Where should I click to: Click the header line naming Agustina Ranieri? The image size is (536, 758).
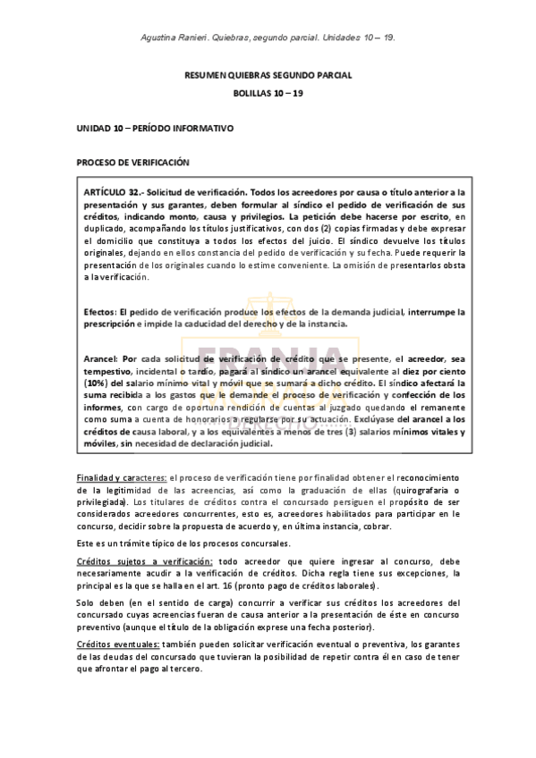pyautogui.click(x=268, y=38)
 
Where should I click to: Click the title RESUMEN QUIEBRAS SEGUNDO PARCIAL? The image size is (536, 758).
pyautogui.click(x=268, y=76)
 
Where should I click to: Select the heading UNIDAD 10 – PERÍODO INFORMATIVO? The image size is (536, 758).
pyautogui.click(x=155, y=129)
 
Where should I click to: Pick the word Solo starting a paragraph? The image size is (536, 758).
pyautogui.click(x=88, y=602)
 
